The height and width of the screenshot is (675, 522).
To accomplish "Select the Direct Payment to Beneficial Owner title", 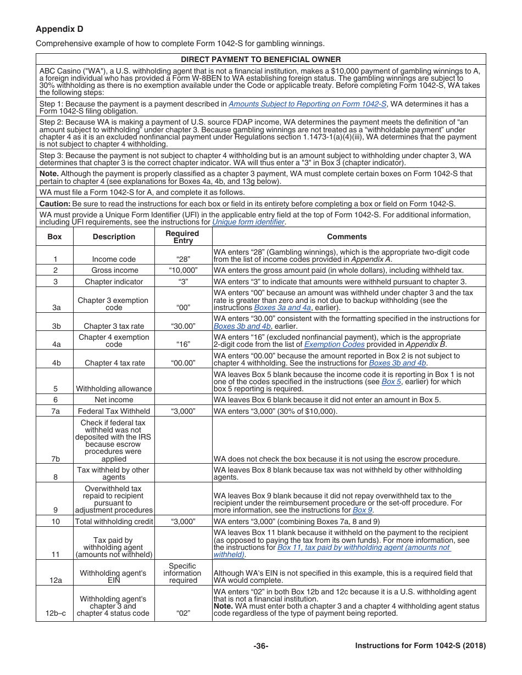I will pos(261,59).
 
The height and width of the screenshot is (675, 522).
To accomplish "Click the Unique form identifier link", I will pos(248,222).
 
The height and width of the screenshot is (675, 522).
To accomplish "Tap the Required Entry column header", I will pos(182,237).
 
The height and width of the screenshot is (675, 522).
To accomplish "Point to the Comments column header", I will pos(347,237).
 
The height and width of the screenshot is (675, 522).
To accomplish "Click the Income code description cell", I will pos(114,259).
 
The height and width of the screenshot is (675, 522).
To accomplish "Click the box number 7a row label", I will pos(55,411).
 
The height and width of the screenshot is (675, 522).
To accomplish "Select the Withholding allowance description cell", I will pos(114,389).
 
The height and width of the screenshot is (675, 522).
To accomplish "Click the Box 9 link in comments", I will pos(362,510).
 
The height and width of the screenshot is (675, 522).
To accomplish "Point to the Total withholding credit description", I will pos(114,522).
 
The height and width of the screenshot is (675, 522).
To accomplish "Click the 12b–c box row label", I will pos(55,614).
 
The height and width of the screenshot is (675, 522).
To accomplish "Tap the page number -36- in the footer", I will pos(261,646).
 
